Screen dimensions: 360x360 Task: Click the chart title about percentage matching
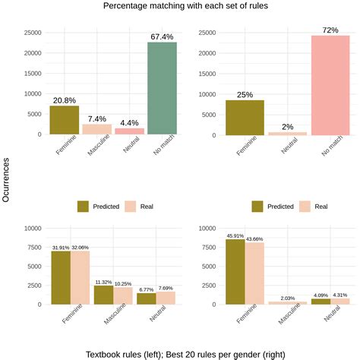pos(180,7)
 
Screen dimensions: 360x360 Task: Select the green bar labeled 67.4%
pos(162,88)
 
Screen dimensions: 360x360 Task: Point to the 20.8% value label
pos(65,100)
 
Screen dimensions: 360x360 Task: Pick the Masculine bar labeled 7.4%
pos(97,129)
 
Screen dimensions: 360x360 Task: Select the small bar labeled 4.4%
pos(129,131)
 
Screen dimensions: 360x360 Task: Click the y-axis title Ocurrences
pos(7,180)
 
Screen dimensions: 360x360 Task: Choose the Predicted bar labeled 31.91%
pos(60,278)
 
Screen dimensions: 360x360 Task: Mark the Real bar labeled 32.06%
pos(81,278)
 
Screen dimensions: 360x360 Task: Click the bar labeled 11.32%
pos(104,295)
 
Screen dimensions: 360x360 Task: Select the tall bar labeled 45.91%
pos(235,272)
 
